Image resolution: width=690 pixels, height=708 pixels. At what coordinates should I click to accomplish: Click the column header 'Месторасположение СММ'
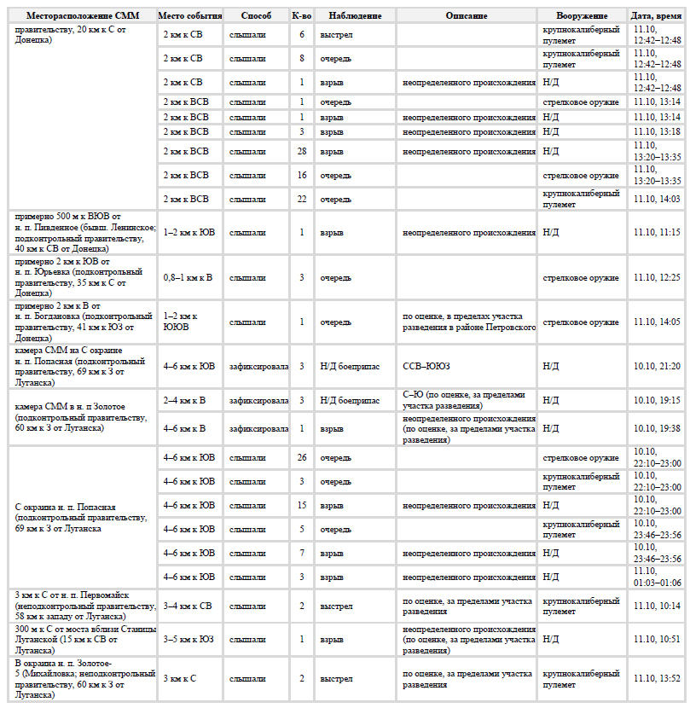point(82,16)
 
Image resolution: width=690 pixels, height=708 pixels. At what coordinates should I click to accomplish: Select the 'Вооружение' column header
point(583,16)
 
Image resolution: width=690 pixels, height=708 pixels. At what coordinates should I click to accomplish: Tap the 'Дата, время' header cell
point(656,16)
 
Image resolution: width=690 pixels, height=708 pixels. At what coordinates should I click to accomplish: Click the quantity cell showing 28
point(301,151)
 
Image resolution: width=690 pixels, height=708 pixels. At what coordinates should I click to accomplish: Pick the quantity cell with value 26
point(301,458)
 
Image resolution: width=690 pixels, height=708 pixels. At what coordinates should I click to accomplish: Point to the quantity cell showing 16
point(301,175)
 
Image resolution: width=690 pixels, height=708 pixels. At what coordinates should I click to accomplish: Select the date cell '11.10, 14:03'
point(656,199)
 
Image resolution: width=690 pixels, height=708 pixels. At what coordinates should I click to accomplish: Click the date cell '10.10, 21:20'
point(656,366)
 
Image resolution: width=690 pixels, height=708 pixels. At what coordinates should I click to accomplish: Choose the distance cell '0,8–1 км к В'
point(188,277)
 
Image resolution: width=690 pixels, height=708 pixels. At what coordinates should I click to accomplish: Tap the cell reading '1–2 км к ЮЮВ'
point(189,322)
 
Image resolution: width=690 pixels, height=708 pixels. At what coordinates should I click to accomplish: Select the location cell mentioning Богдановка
point(82,322)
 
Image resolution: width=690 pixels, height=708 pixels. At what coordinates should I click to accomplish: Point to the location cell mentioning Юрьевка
point(82,277)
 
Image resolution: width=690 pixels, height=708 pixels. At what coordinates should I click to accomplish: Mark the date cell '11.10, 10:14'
point(656,606)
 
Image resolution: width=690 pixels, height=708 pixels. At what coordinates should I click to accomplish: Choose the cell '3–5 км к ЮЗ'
point(188,638)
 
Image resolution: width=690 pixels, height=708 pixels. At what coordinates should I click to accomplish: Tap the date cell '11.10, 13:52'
point(656,678)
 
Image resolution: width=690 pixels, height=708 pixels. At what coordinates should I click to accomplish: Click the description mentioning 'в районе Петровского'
point(468,322)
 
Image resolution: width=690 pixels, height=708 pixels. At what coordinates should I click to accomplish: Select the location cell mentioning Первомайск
point(82,606)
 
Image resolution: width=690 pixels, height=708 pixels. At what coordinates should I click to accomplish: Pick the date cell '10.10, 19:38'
point(656,428)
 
